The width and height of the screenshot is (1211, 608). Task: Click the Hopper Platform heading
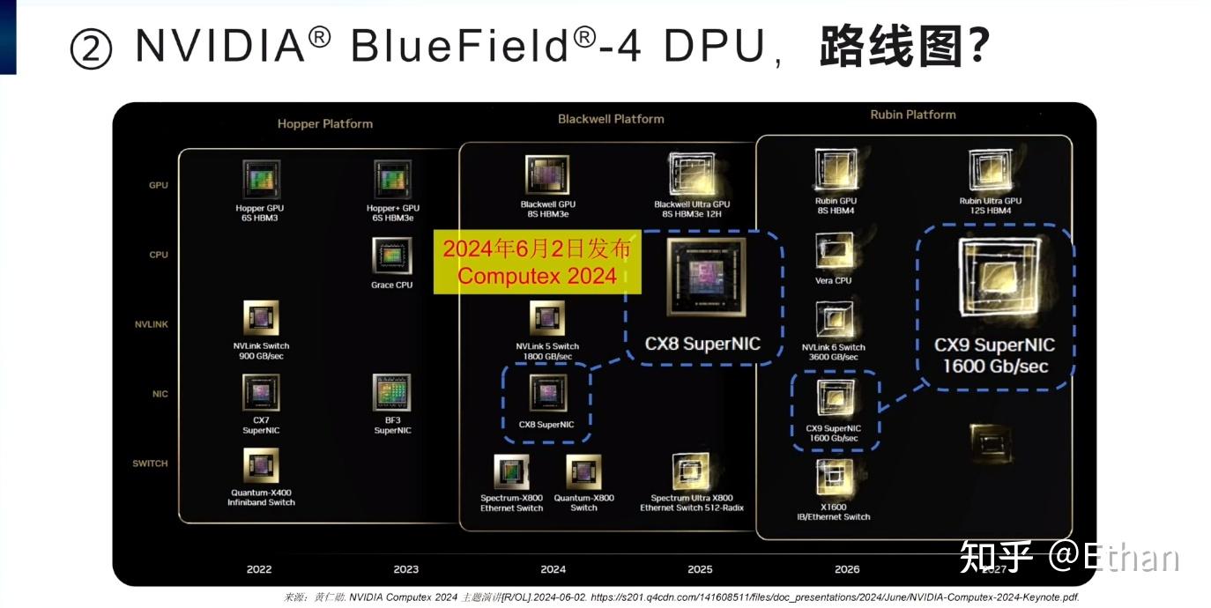coord(324,124)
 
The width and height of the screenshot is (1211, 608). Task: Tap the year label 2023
coord(405,569)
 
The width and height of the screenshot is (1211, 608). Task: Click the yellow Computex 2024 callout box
coord(537,262)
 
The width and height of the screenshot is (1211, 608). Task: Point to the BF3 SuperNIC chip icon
coord(391,394)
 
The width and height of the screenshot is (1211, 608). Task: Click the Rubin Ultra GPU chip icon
coord(990,170)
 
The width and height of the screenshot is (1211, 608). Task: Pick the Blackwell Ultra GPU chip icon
coord(691,174)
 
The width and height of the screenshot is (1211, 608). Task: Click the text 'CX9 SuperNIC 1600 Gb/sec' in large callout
coord(994,355)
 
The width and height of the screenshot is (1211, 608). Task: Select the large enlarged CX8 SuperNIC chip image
coord(702,280)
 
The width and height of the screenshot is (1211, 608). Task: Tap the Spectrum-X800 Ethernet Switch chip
coord(511,471)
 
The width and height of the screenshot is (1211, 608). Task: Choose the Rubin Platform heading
coord(912,115)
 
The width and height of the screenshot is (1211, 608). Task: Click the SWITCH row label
coord(150,463)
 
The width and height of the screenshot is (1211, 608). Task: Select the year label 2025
coord(700,569)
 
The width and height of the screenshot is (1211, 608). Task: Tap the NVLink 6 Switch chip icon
coord(833,320)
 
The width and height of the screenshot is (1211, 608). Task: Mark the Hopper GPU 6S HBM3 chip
coord(261,179)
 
